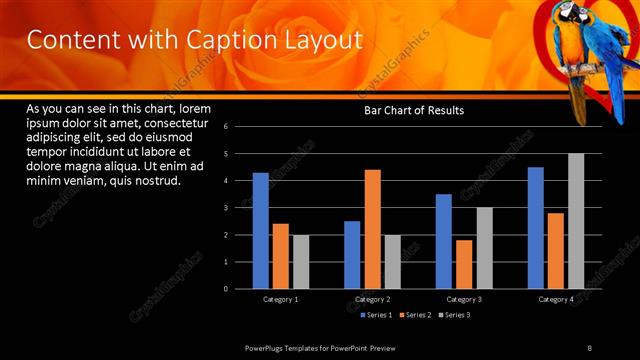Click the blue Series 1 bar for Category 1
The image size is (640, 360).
[x=260, y=230]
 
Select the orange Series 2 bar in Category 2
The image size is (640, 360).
[x=372, y=229]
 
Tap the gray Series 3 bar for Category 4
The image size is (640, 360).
[x=576, y=221]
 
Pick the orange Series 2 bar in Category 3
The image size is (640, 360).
[x=464, y=264]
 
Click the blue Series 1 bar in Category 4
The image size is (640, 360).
[x=535, y=228]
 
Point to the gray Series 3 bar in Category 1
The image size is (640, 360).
[x=301, y=262]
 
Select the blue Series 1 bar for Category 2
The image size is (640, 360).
[x=352, y=255]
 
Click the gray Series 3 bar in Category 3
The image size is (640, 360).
[x=484, y=248]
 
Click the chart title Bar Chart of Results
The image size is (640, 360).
[x=412, y=110]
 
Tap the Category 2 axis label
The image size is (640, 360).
[x=372, y=299]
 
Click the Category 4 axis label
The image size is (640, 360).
[x=556, y=299]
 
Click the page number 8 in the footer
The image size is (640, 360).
[x=590, y=347]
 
